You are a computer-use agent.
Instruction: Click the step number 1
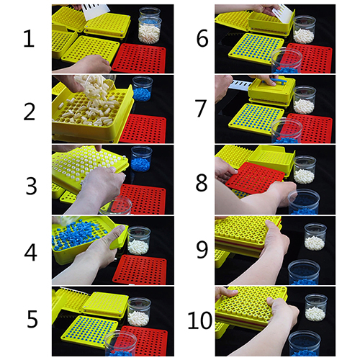(x=29, y=39)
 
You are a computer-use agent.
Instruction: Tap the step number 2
(x=30, y=112)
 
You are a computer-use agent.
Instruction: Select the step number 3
(x=31, y=186)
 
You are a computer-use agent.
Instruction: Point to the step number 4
(x=30, y=252)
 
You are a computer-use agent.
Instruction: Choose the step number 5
(x=32, y=319)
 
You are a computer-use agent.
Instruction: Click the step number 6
(x=202, y=39)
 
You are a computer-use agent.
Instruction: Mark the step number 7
(x=201, y=109)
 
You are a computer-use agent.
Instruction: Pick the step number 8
(x=202, y=183)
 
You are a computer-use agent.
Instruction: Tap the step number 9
(x=202, y=250)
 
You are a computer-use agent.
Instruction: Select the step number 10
(x=200, y=320)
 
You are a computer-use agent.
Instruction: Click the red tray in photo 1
(x=140, y=58)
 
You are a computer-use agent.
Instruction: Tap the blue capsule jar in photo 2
(x=143, y=89)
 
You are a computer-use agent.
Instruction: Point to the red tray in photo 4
(x=140, y=269)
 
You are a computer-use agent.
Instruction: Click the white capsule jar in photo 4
(x=138, y=240)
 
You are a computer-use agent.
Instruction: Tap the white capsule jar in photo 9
(x=315, y=237)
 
